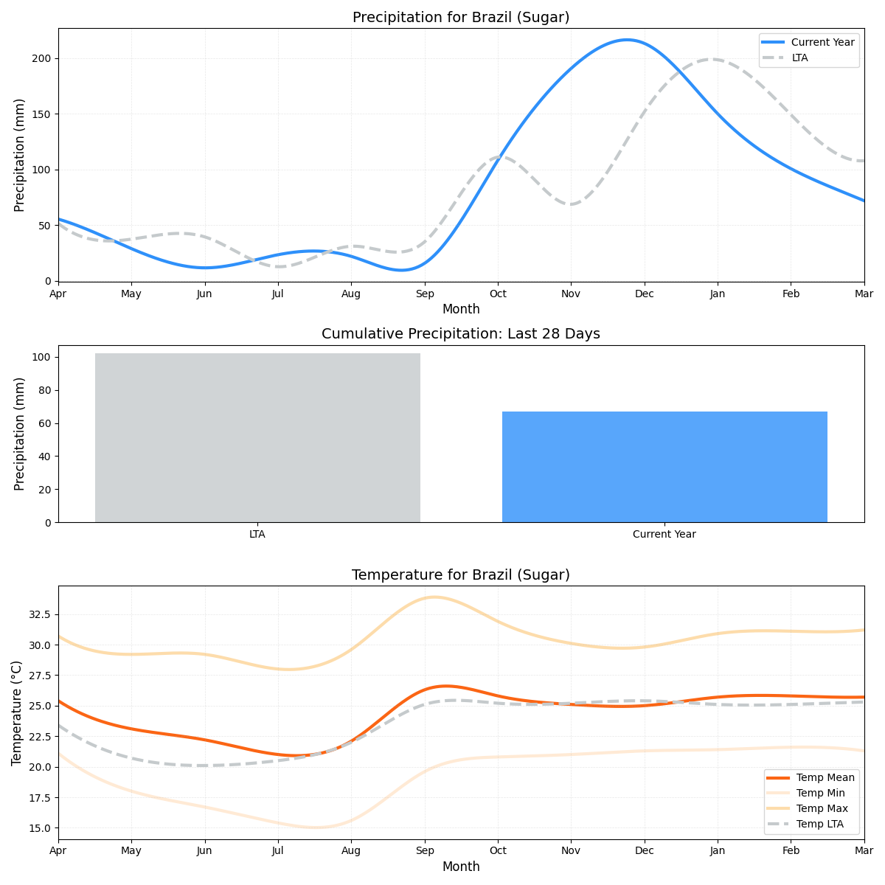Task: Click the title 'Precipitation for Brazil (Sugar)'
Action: [461, 18]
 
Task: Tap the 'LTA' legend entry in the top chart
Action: [799, 58]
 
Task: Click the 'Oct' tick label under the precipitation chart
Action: [498, 294]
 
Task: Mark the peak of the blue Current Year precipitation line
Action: [627, 40]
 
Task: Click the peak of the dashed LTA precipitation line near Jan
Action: [712, 59]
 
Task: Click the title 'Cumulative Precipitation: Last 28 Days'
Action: [461, 334]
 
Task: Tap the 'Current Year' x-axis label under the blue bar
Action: [664, 535]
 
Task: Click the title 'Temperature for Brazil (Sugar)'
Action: [461, 575]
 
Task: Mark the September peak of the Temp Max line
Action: [434, 597]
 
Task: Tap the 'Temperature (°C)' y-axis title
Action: [17, 712]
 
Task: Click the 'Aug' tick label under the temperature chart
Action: [351, 852]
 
